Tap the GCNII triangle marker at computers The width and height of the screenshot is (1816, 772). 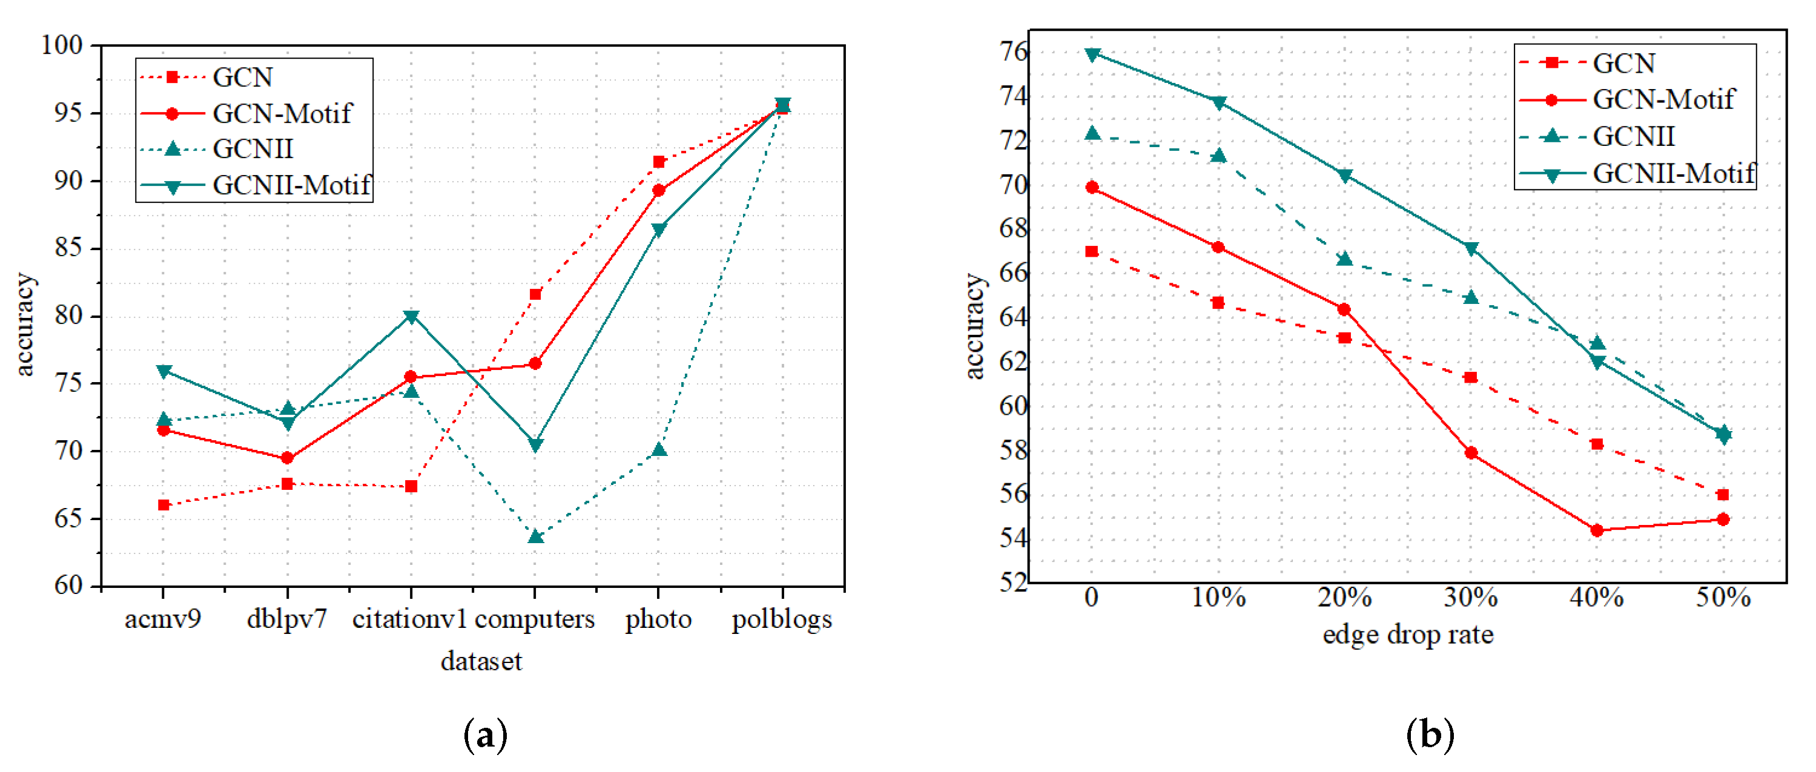point(535,536)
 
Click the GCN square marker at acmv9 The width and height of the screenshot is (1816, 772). point(163,505)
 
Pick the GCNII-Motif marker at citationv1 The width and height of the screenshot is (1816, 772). point(411,317)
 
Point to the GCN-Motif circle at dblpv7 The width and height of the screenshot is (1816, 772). point(287,458)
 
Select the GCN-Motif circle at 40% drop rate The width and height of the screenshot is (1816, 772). point(1597,530)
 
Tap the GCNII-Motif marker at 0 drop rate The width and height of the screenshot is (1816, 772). point(1092,54)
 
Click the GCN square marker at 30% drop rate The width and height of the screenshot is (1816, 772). point(1471,377)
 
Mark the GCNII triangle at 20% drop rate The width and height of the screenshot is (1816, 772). point(1344,259)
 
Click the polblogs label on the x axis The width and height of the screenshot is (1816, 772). point(782,619)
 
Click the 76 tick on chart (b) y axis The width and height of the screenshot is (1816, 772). point(1013,51)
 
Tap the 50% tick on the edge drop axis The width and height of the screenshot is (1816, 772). point(1723,597)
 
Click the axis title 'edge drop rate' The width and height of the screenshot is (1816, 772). point(1408,634)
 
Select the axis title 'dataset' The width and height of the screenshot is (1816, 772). point(481,661)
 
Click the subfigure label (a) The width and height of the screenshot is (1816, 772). point(485,735)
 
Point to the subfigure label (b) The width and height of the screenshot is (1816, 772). point(1430,735)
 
